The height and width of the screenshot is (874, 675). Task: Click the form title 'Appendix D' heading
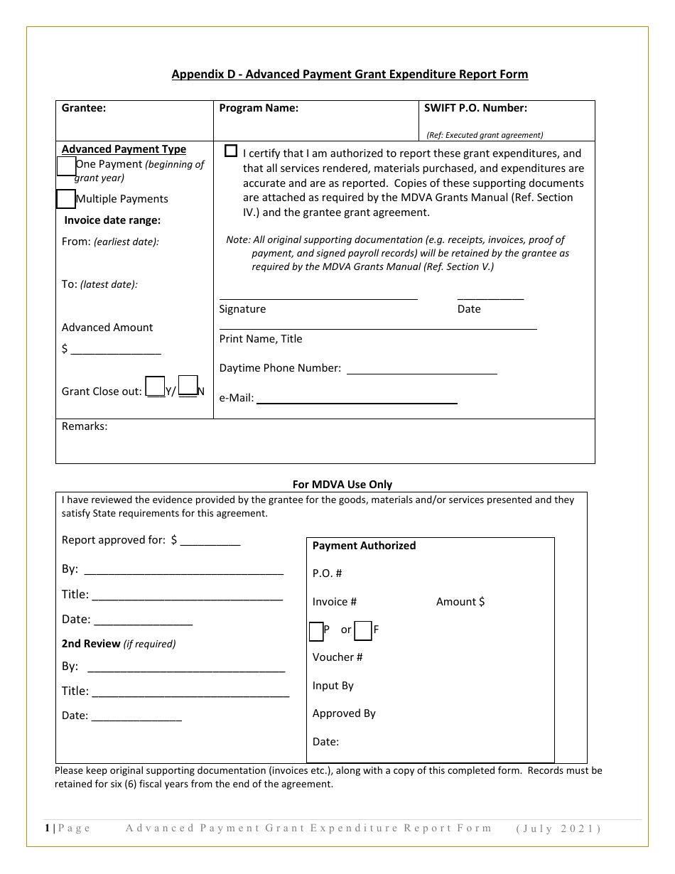pos(350,74)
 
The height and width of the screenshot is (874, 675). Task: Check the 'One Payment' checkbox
pos(66,166)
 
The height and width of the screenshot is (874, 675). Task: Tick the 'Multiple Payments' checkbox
pos(65,199)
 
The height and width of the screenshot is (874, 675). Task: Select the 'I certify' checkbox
pos(231,151)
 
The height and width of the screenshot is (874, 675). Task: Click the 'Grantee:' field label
pos(84,108)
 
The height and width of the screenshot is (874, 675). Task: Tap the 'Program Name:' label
pos(259,108)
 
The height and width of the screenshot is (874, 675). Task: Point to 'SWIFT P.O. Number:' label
pos(475,108)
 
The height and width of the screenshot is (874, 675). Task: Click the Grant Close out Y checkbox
pos(155,387)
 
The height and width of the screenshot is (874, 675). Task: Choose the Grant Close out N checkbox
pos(188,385)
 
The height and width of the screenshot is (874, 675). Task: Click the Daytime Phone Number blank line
pos(421,369)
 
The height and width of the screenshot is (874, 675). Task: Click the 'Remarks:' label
pos(85,426)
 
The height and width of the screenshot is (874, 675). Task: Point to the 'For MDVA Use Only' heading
pos(342,485)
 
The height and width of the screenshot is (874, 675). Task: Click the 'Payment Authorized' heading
pos(364,546)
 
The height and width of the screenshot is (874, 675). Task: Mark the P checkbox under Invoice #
pos(316,630)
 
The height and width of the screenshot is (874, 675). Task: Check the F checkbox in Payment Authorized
pos(362,630)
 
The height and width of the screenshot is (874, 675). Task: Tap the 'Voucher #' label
pos(337,657)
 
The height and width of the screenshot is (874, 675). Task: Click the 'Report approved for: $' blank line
pos(210,541)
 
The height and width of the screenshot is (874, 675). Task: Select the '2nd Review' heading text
pos(91,644)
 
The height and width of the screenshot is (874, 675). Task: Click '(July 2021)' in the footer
pos(558,829)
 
